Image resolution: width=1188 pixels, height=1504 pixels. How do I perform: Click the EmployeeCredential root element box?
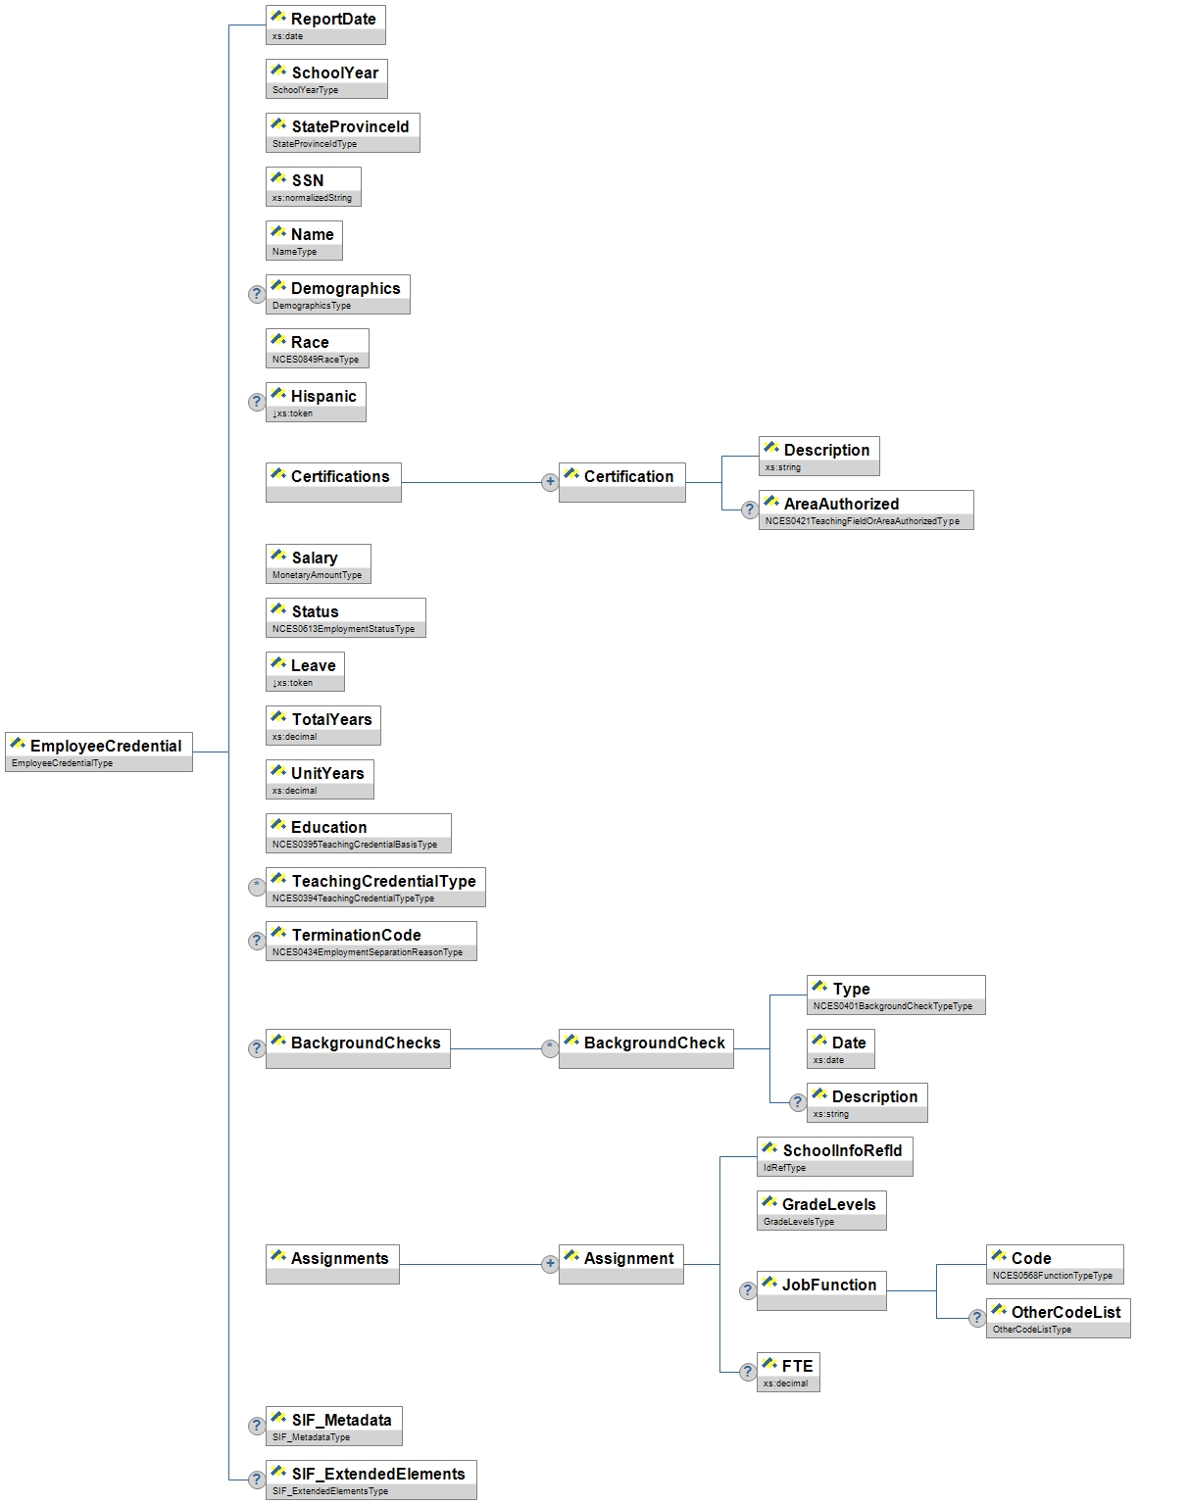(99, 752)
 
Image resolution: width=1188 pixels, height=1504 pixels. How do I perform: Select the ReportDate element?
(325, 24)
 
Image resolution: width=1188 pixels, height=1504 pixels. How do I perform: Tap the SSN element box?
(313, 186)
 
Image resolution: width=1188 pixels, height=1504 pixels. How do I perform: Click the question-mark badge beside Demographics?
(257, 294)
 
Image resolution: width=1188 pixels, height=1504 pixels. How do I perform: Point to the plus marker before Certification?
(550, 482)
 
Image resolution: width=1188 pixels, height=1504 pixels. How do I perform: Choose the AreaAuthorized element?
(866, 509)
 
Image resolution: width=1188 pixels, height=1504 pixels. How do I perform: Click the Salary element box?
(318, 563)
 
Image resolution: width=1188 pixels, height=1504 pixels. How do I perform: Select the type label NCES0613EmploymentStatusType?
(344, 629)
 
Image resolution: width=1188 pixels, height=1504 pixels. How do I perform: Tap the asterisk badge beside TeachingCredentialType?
(257, 887)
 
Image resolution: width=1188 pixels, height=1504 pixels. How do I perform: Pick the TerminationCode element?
(371, 941)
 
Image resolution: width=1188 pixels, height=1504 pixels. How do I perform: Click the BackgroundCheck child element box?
(646, 1048)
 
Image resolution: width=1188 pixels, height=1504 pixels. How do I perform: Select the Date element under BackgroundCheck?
(840, 1048)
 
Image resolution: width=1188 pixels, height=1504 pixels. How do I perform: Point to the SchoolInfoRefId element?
(834, 1156)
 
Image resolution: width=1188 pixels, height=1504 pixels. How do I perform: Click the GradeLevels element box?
(821, 1210)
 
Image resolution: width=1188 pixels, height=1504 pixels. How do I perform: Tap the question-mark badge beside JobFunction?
(748, 1290)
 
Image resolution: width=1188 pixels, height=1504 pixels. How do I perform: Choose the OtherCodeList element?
(1058, 1318)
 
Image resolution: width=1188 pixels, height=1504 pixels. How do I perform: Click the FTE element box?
(788, 1372)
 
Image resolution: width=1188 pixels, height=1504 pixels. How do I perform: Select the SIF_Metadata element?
(333, 1426)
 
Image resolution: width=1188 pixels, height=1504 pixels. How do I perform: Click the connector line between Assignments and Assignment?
(470, 1264)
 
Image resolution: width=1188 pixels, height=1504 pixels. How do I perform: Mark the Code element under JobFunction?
(1055, 1264)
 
